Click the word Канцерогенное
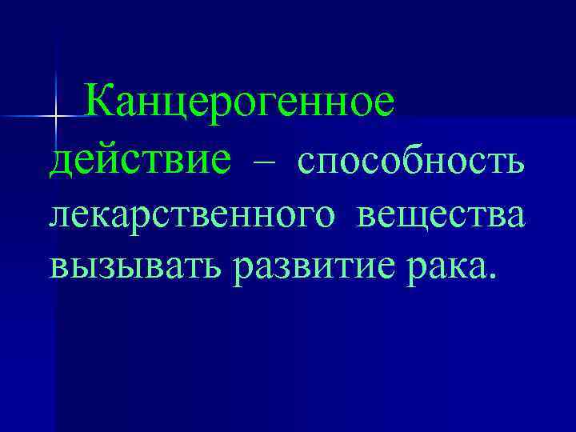click(x=239, y=104)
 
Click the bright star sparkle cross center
click(x=55, y=118)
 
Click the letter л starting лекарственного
click(x=61, y=218)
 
